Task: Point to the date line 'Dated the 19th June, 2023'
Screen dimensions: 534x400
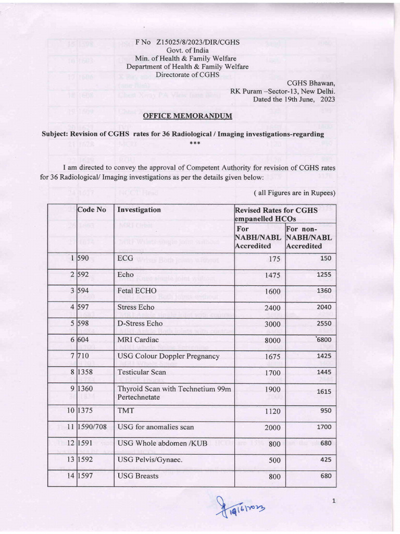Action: (x=294, y=99)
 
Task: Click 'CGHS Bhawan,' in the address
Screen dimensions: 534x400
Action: (x=311, y=83)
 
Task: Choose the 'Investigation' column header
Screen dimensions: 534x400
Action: (x=139, y=210)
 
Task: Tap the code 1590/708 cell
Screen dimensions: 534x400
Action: (x=92, y=427)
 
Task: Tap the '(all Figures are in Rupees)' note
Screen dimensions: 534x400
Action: (x=294, y=193)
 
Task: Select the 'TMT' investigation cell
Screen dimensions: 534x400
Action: (x=126, y=410)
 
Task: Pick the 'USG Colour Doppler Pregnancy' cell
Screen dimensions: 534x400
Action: (x=168, y=356)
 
